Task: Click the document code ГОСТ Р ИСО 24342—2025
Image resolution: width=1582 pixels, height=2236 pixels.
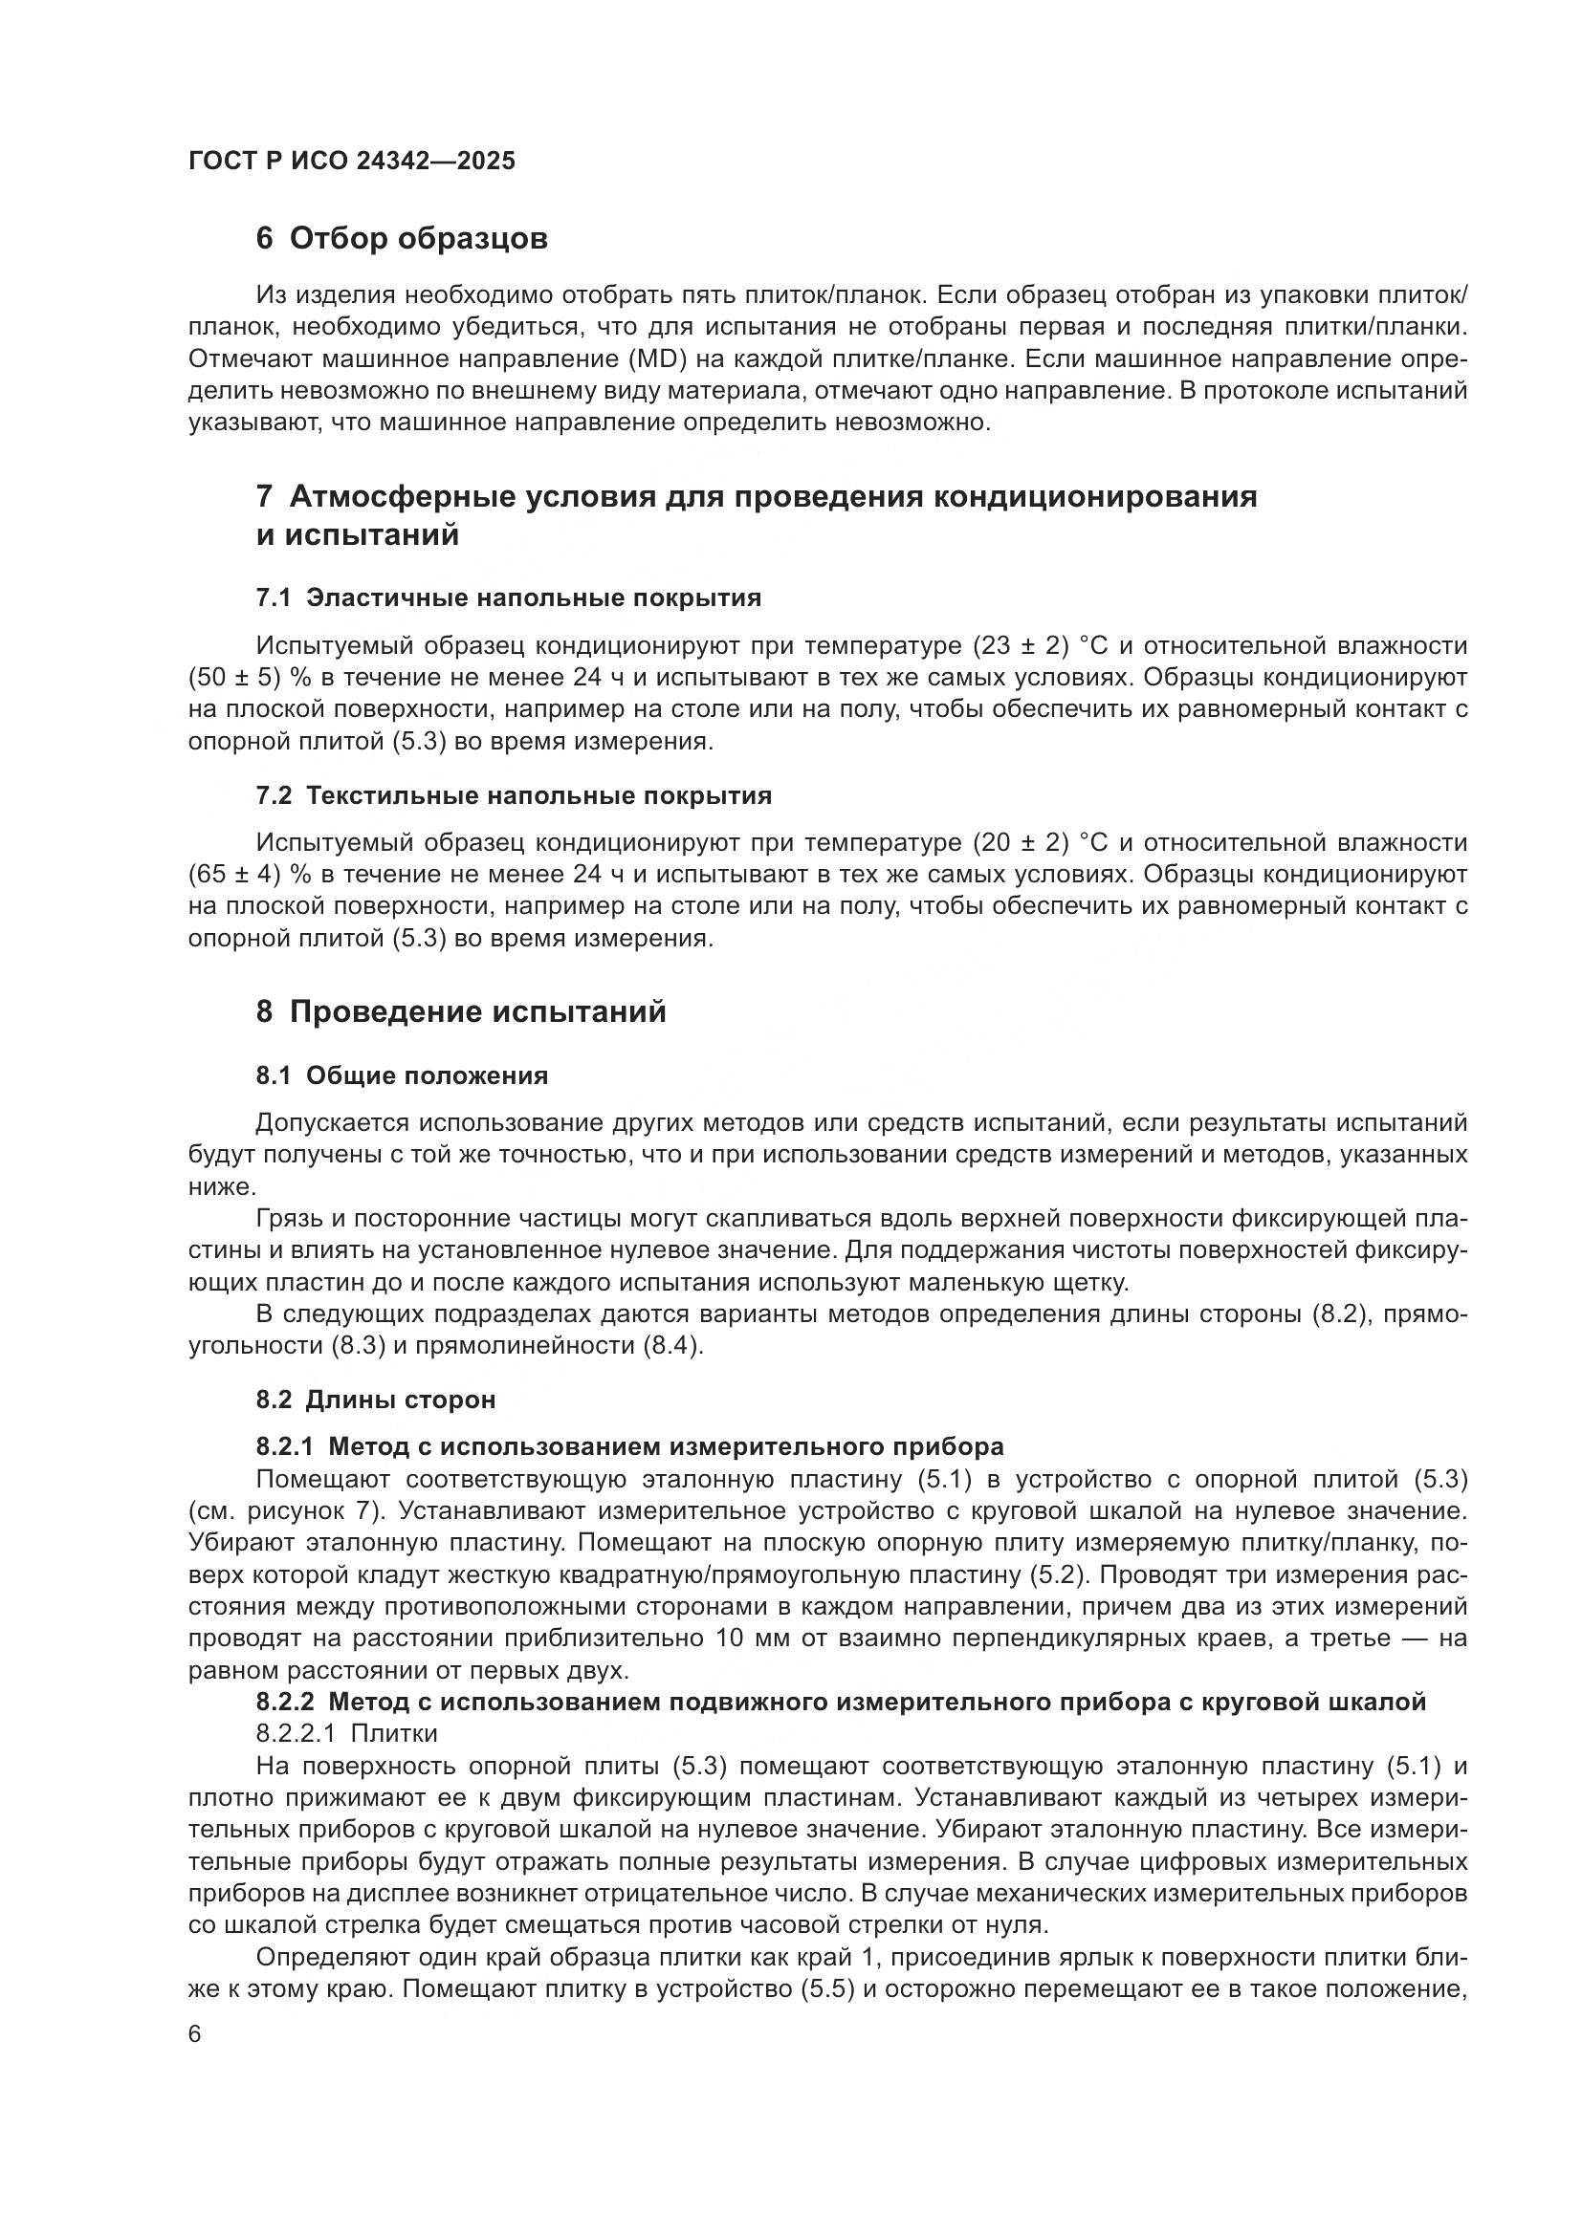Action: (352, 161)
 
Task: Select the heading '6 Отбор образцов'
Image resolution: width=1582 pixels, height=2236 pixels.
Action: (402, 239)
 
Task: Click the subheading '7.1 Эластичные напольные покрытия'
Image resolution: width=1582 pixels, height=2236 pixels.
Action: (508, 597)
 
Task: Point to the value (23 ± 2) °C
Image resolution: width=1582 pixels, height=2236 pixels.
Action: (1047, 645)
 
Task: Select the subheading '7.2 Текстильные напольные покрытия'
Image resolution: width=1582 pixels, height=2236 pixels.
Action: (514, 795)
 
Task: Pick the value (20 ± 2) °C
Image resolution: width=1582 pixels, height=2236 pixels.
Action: (1047, 842)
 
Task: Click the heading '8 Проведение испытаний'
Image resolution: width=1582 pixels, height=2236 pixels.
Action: (461, 1011)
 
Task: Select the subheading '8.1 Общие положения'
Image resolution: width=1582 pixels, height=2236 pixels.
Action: (402, 1075)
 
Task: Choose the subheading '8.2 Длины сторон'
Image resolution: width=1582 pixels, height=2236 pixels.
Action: (375, 1400)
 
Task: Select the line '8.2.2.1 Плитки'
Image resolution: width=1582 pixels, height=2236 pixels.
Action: (346, 1733)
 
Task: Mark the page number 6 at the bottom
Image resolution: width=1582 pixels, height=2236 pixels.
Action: (195, 2034)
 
